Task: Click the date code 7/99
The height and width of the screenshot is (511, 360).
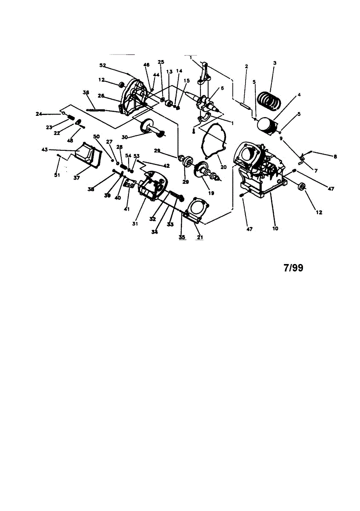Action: (x=293, y=268)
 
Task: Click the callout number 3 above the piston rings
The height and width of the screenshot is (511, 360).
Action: (x=275, y=63)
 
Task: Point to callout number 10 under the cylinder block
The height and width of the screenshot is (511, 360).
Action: (x=275, y=229)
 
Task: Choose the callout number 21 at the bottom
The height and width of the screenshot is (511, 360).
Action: (x=199, y=237)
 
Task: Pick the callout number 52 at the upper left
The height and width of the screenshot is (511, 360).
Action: (x=103, y=65)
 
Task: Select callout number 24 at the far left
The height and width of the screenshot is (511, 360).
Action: (x=39, y=114)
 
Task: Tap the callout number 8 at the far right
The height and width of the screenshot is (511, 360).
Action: (x=335, y=157)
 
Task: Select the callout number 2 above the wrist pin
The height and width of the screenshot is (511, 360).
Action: (x=246, y=66)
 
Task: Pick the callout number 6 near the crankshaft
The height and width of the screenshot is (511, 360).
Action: (x=222, y=88)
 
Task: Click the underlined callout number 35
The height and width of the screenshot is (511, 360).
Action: (x=182, y=237)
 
